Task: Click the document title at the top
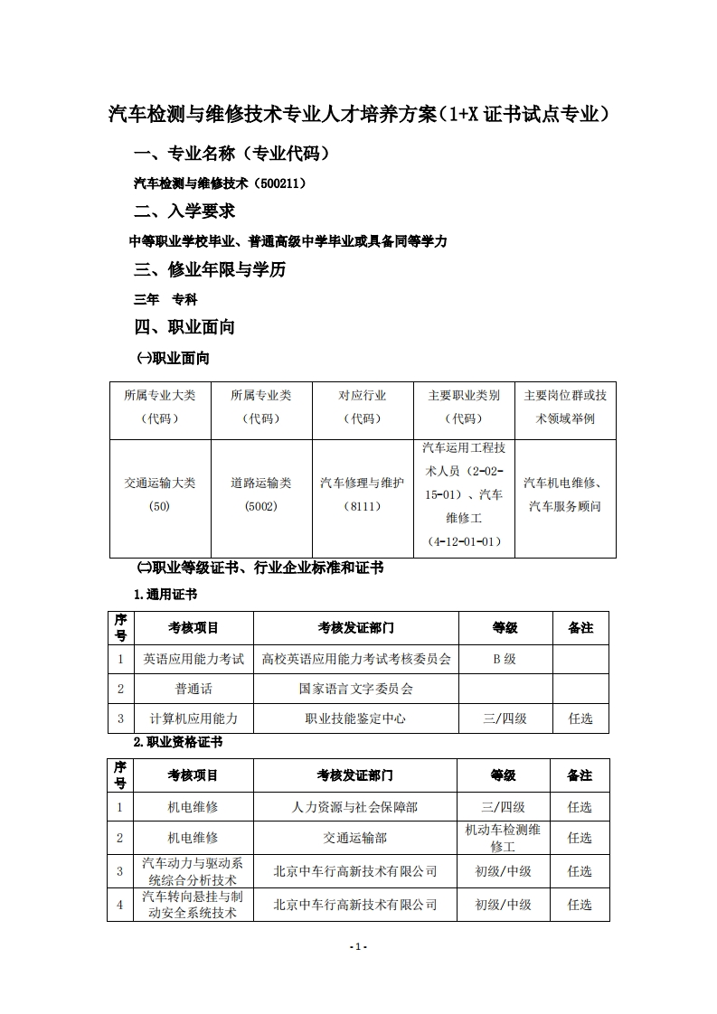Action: click(358, 115)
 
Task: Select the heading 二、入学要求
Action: click(184, 211)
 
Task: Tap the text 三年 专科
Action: click(165, 299)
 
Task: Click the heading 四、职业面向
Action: click(184, 327)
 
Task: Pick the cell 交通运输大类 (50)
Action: click(160, 494)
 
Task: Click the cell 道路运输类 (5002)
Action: click(261, 494)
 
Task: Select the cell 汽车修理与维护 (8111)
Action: click(363, 494)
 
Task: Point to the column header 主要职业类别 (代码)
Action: click(464, 407)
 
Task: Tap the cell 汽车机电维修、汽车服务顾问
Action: click(565, 494)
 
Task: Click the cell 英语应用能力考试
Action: click(193, 659)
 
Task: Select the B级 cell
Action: click(505, 659)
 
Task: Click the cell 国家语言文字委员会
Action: click(355, 689)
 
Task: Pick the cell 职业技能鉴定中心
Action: click(355, 718)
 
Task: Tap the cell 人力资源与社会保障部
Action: click(355, 807)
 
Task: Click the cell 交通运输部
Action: click(355, 838)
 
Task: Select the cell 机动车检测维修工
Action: click(503, 838)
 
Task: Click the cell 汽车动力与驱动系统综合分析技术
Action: click(193, 871)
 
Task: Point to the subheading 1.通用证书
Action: click(165, 595)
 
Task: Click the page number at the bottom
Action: click(358, 946)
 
